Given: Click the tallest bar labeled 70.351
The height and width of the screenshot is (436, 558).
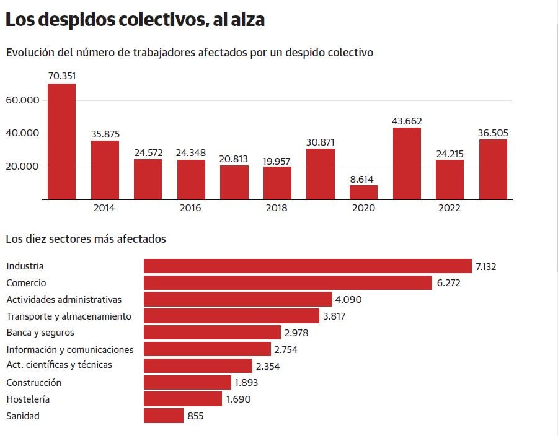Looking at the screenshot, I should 61,141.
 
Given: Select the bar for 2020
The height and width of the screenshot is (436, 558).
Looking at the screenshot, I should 363,192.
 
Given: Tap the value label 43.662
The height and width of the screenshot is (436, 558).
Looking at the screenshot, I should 407,121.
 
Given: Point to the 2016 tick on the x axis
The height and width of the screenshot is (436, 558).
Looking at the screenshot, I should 190,208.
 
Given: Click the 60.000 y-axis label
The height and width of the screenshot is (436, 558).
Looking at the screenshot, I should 22,100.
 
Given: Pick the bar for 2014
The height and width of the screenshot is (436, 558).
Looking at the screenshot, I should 105,170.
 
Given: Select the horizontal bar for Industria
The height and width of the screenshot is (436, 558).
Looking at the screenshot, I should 308,266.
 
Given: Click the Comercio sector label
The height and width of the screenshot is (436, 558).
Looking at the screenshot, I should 26,283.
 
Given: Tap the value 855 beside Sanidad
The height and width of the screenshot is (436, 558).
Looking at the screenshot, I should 195,416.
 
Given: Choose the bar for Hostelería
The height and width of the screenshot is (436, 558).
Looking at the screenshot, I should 183,399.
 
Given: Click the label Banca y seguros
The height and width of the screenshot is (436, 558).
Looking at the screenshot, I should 40,333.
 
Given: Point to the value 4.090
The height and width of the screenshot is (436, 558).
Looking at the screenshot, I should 348,300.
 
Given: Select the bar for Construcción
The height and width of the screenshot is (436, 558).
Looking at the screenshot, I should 187,383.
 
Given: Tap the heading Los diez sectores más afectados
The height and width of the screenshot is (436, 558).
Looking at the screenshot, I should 86,238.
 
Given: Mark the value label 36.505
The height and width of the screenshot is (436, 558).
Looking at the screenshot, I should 493,133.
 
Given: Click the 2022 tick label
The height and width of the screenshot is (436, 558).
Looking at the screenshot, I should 449,208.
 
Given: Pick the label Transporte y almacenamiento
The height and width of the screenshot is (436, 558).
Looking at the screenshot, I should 69,316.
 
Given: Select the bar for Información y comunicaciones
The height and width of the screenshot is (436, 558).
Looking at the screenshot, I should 207,349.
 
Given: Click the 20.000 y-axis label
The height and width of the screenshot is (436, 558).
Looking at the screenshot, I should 22,167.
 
